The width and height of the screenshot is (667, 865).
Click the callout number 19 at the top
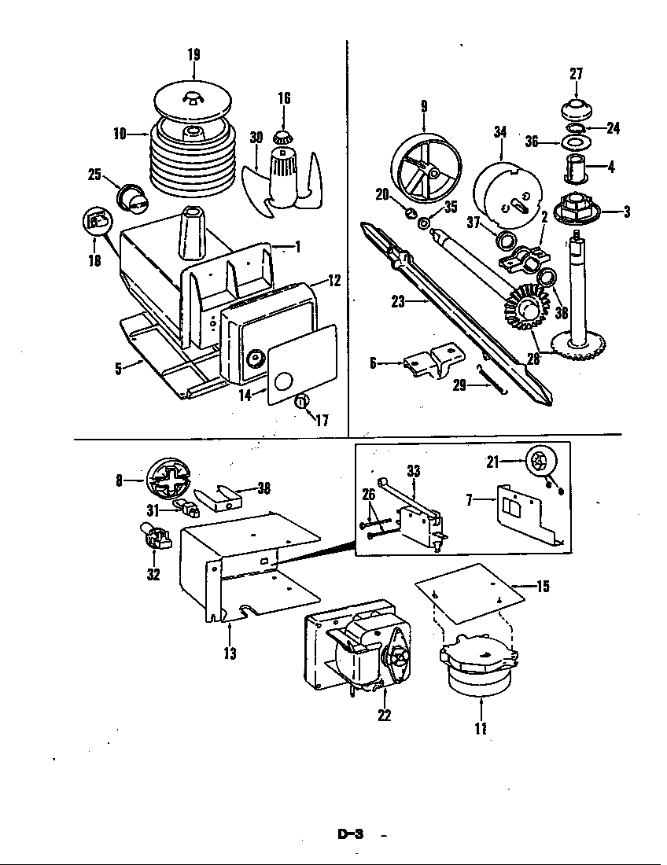(x=193, y=54)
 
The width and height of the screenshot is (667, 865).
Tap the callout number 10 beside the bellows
(x=120, y=134)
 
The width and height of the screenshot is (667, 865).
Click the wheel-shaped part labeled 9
(x=424, y=167)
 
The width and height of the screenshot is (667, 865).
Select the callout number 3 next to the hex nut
(x=626, y=211)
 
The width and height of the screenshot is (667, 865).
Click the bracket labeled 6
(x=431, y=363)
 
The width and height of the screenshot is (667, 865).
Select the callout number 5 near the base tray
(x=118, y=368)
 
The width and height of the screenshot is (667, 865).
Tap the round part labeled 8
(x=170, y=479)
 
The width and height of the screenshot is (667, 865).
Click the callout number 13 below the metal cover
(x=230, y=652)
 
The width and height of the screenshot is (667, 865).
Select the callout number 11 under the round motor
(x=480, y=728)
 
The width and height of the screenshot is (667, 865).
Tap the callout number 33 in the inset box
(x=413, y=471)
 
